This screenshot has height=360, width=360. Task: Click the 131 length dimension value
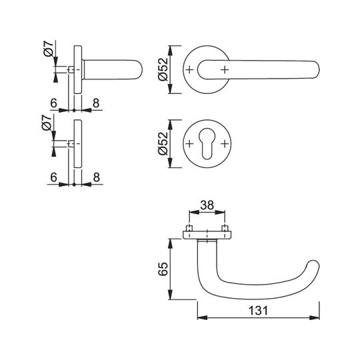pos(258,311)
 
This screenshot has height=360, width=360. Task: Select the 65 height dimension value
pos(163,269)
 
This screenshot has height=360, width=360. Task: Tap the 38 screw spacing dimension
pos(207,205)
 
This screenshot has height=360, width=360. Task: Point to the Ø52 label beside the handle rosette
pos(163,69)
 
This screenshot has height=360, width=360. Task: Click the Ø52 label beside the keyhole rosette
pos(163,144)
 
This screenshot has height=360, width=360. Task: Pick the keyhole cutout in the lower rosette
pos(207,143)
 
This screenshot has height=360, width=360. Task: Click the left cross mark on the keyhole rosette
pos(189,144)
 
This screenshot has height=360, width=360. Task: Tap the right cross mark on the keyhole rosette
pos(225,144)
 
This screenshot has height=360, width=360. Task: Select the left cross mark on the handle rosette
pos(189,69)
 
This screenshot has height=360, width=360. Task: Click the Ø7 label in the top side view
pos(48,49)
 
